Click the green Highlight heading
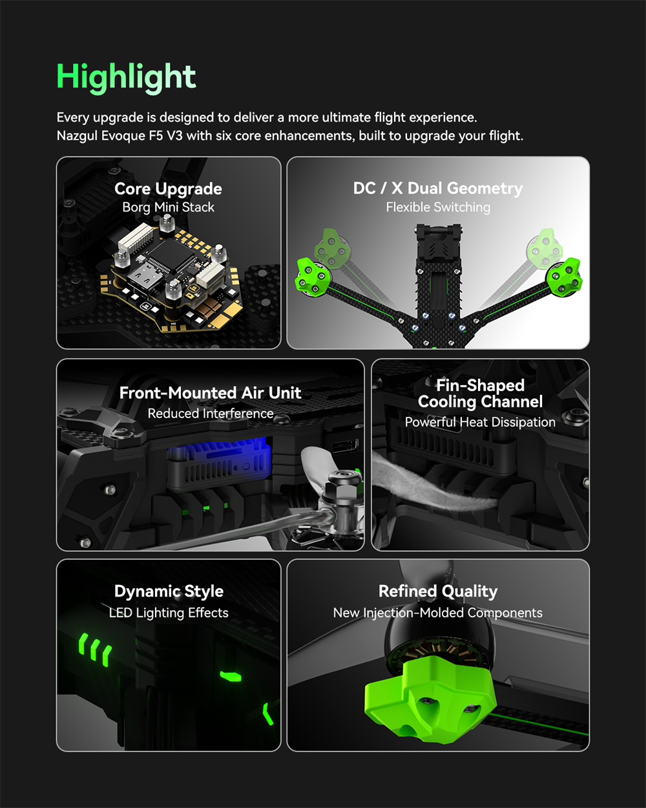[x=126, y=78]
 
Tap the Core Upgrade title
[x=168, y=189]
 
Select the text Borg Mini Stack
[x=168, y=207]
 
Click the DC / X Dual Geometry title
[x=438, y=189]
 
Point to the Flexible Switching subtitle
[x=438, y=207]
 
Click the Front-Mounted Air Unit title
[x=210, y=393]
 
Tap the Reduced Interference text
[x=210, y=414]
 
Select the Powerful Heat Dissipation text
[x=480, y=422]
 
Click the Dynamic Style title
[x=169, y=591]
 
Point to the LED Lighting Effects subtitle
[x=169, y=613]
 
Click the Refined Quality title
[x=438, y=591]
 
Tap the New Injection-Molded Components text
[x=438, y=613]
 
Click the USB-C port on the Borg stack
[x=145, y=277]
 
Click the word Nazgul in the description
[x=77, y=136]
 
